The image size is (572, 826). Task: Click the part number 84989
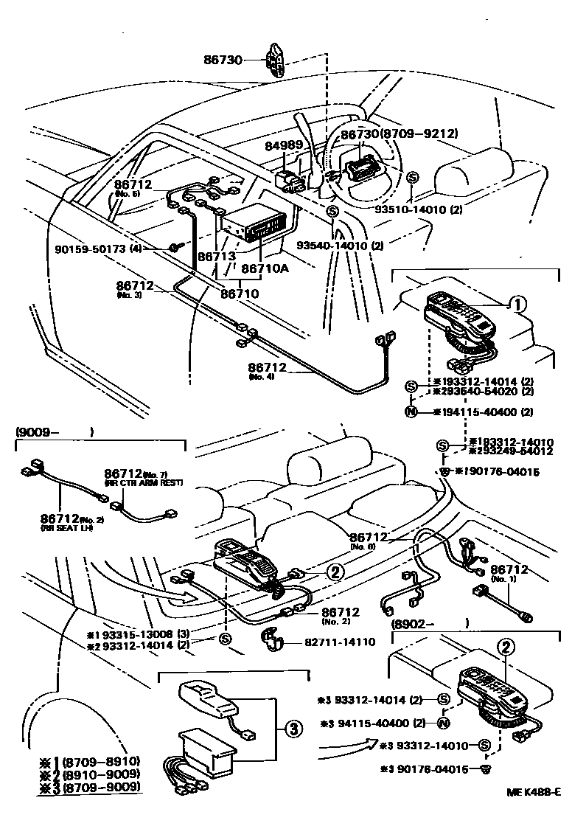click(x=285, y=146)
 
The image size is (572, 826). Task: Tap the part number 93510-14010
click(x=419, y=209)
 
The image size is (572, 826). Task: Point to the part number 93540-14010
click(x=339, y=245)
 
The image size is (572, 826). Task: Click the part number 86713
click(x=215, y=258)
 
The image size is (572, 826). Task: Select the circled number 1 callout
click(x=519, y=303)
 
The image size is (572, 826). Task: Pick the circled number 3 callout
click(x=293, y=729)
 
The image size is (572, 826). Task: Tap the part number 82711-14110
click(x=340, y=642)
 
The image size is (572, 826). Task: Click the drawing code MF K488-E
click(x=533, y=812)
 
